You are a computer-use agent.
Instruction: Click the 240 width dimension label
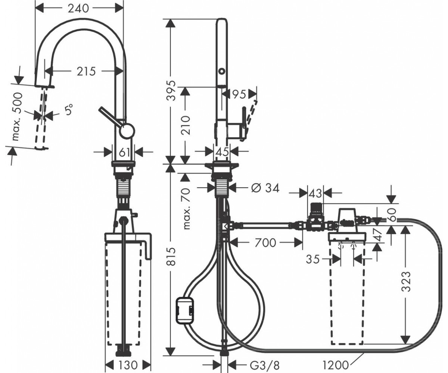click(78, 9)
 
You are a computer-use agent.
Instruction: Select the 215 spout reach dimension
click(86, 71)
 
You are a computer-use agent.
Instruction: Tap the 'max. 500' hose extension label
click(18, 116)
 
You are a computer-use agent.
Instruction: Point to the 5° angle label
click(69, 109)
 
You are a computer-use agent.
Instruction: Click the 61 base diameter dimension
click(124, 153)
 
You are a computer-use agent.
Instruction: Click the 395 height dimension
click(172, 90)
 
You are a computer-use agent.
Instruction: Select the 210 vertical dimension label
click(185, 125)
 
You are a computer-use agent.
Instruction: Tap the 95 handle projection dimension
click(239, 94)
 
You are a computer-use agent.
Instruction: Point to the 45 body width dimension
click(222, 152)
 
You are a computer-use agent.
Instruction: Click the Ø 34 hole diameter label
click(265, 188)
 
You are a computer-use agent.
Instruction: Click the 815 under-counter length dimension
click(172, 257)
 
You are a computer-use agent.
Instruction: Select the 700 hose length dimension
click(265, 243)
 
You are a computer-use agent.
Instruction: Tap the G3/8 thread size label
click(265, 365)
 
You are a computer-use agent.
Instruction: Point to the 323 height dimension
click(406, 281)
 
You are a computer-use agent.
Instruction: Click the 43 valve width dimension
click(315, 194)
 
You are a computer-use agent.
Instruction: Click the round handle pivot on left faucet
click(127, 131)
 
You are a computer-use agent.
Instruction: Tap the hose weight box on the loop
click(185, 310)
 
